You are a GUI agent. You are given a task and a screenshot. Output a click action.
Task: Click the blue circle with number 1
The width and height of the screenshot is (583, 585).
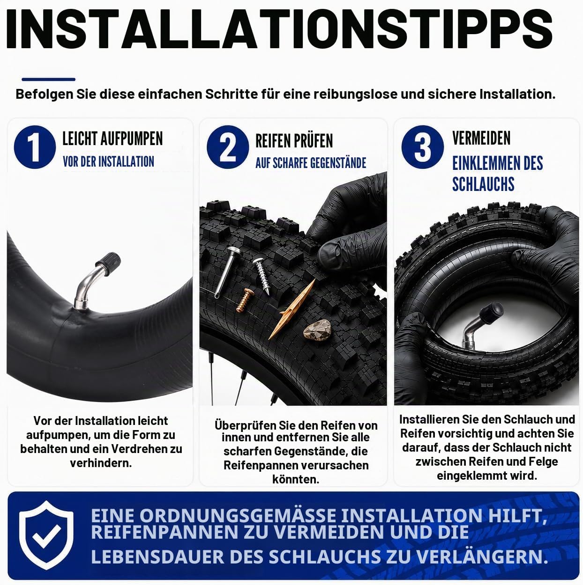(35, 147)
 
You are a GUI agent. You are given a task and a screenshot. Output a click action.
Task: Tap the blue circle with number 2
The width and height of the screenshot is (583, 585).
(228, 147)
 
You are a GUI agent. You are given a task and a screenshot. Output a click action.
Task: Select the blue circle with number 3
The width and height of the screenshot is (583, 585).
(422, 147)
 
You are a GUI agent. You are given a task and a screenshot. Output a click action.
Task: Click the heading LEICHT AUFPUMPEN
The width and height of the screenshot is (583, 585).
(112, 139)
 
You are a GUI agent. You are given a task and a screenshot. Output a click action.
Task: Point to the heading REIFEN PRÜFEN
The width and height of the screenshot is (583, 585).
(294, 141)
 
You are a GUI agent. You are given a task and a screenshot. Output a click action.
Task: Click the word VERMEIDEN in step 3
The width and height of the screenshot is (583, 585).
(481, 138)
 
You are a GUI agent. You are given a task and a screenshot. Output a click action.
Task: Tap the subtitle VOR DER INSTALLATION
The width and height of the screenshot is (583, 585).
(109, 161)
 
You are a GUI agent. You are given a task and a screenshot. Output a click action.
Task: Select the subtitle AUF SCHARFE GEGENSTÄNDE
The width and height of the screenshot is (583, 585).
(311, 163)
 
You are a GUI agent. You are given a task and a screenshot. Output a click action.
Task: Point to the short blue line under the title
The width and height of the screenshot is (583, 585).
(49, 80)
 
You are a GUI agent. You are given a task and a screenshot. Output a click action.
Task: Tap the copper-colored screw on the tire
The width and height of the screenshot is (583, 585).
(245, 300)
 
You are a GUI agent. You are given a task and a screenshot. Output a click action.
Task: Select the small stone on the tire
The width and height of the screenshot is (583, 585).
(318, 330)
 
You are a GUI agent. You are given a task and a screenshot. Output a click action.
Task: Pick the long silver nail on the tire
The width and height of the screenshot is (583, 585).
(226, 272)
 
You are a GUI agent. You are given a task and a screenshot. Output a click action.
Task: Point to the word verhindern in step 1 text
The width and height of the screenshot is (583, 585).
(101, 463)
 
